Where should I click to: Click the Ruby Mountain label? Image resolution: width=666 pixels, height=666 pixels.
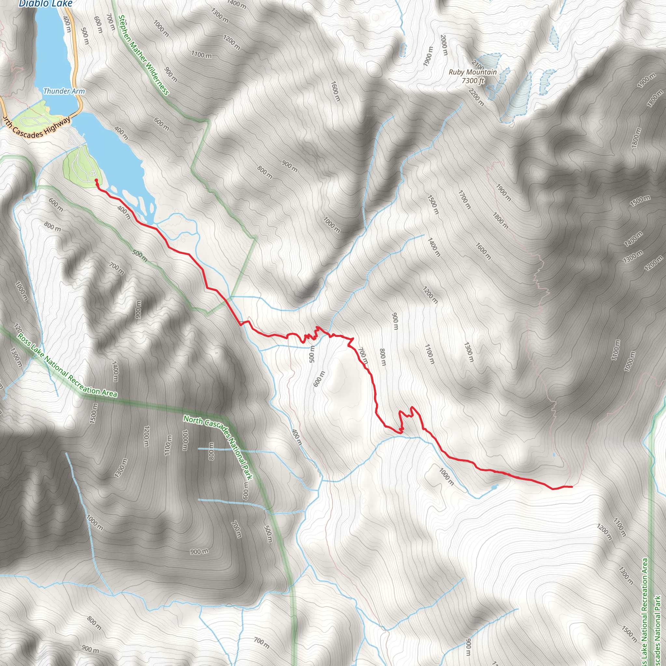(473, 72)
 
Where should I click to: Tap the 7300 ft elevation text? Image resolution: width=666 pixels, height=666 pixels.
(473, 81)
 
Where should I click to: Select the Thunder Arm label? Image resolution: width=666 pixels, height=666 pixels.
(64, 91)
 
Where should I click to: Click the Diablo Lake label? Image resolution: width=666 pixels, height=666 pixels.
(46, 4)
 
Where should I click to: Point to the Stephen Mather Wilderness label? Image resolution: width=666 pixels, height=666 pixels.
(143, 55)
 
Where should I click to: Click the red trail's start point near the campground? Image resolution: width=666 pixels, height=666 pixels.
(96, 180)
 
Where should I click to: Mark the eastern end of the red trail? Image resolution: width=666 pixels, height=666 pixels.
(572, 487)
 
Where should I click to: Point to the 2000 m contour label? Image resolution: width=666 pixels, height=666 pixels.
(444, 45)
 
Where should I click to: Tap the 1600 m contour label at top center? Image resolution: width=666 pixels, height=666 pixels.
(335, 91)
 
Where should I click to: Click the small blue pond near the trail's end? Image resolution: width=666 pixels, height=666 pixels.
(494, 487)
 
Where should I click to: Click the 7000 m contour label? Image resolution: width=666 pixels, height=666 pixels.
(331, 224)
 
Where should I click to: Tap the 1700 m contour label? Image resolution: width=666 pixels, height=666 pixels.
(464, 199)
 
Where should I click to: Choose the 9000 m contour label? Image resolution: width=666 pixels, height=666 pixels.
(138, 309)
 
